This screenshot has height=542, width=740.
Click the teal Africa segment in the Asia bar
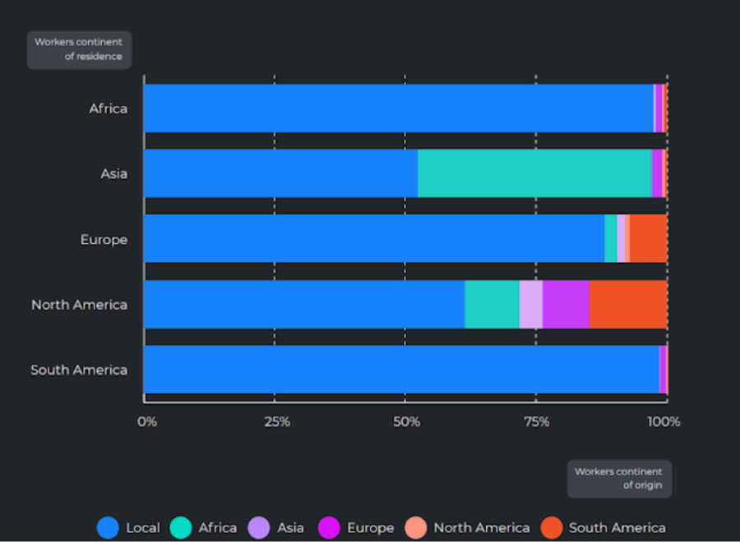click(534, 173)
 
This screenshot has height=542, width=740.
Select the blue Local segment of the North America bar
click(304, 304)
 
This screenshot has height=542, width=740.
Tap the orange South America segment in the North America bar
click(628, 304)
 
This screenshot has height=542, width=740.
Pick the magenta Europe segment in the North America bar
click(566, 304)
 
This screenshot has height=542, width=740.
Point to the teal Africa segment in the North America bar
click(492, 304)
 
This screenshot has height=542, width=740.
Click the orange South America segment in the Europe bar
click(648, 239)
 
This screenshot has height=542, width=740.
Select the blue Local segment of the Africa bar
click(399, 108)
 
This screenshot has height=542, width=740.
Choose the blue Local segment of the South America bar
click(401, 370)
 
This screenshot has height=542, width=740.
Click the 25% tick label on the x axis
click(277, 422)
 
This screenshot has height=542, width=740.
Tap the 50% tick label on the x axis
click(407, 422)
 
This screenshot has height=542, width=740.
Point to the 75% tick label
click(536, 422)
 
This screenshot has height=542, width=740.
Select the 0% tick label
click(146, 422)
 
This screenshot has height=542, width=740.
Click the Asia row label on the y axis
click(113, 174)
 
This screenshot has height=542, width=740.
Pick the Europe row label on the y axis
click(104, 240)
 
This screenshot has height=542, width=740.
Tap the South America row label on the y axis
click(79, 370)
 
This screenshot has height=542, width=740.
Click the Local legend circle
click(109, 527)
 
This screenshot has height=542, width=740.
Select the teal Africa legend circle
click(181, 527)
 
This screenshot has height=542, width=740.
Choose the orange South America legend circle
click(552, 527)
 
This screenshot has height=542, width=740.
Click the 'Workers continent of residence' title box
click(79, 49)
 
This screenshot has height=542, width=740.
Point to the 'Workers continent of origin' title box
click(619, 478)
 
